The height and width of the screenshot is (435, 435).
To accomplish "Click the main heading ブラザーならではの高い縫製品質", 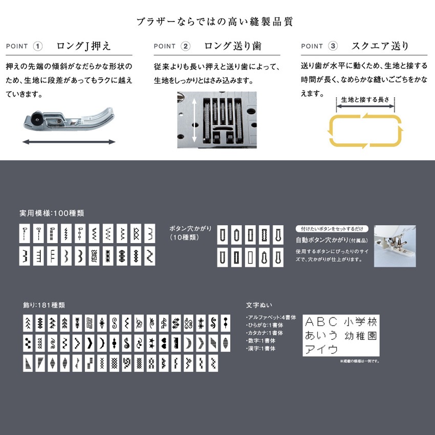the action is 215,21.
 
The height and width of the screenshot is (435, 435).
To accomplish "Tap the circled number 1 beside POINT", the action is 38,46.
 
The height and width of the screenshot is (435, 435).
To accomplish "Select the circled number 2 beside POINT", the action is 186,46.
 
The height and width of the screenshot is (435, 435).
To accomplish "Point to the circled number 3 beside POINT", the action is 333,46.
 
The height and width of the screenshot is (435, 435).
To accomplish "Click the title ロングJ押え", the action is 84,46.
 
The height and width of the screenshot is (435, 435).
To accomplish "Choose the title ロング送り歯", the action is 233,46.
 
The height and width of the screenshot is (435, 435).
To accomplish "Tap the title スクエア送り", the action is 380,46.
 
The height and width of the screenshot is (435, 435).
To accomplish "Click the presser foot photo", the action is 69,120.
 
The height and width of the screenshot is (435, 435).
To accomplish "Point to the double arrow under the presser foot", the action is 69,142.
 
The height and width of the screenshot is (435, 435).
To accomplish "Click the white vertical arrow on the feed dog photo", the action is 194,120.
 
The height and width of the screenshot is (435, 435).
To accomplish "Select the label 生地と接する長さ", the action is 365,100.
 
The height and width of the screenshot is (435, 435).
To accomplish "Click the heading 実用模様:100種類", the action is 52,213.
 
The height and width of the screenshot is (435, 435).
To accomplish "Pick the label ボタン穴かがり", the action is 190,229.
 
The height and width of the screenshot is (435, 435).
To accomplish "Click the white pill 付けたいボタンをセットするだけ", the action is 332,229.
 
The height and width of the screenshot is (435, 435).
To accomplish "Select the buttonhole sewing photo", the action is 395,246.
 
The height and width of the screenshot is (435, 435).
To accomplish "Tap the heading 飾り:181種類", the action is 44,305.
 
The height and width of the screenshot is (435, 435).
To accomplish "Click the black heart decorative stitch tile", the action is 164,343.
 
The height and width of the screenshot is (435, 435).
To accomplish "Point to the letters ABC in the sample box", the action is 321,322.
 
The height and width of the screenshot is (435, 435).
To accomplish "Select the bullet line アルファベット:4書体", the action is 271,317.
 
